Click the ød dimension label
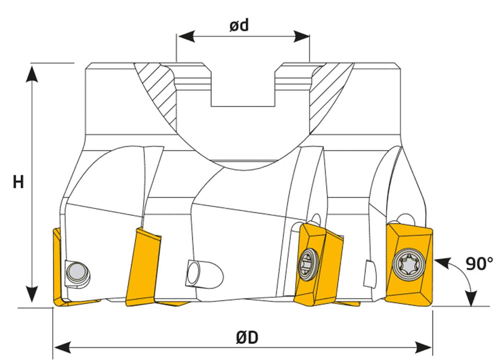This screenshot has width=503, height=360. (239, 26)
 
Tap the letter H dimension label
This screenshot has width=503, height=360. (18, 182)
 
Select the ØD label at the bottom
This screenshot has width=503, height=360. (246, 337)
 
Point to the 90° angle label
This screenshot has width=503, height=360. (479, 263)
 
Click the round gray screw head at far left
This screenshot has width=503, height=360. (76, 272)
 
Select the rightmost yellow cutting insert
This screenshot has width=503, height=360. (409, 263)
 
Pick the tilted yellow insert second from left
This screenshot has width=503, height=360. (143, 265)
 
